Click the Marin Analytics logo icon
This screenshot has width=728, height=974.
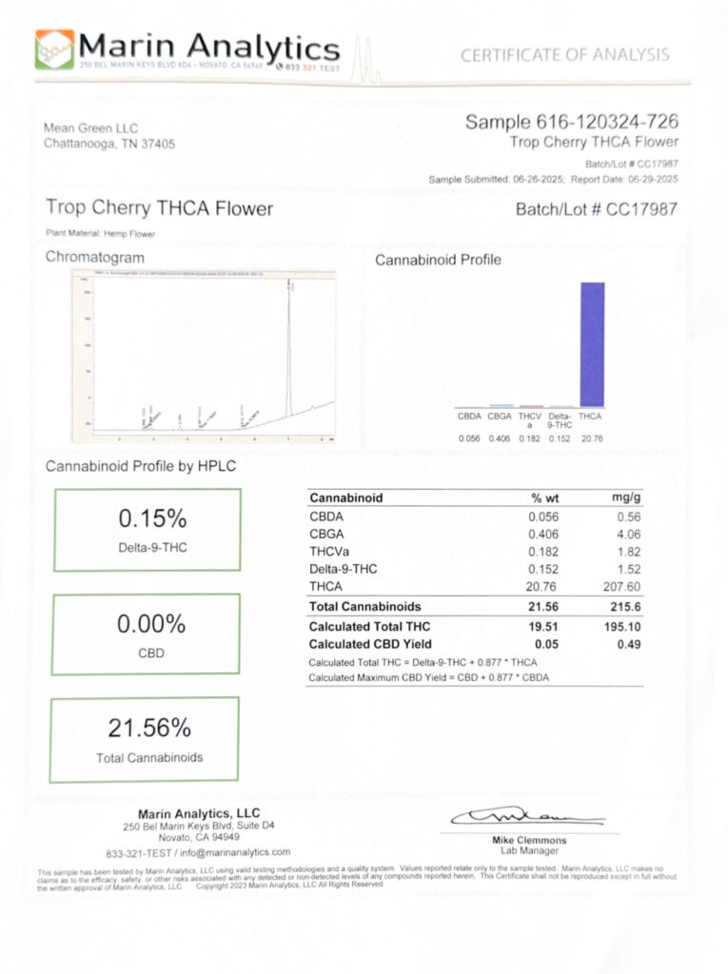click(x=53, y=49)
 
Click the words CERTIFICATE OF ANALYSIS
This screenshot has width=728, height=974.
click(x=564, y=55)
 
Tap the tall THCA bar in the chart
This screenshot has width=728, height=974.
click(x=592, y=343)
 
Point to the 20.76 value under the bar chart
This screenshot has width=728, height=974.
click(x=591, y=438)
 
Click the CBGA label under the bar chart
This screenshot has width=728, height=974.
click(x=500, y=417)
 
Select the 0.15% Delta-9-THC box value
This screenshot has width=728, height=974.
click(x=151, y=519)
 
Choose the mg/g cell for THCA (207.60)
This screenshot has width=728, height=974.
click(x=621, y=587)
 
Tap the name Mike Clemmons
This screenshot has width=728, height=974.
click(x=529, y=841)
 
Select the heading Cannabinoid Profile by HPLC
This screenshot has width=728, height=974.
click(x=141, y=467)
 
